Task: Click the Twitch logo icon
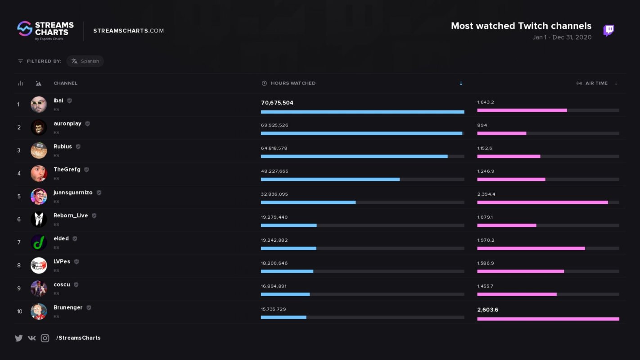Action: click(608, 31)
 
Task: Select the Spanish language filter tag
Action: click(85, 61)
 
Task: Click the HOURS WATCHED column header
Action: click(293, 83)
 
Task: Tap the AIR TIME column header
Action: click(596, 83)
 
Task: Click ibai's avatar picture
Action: click(39, 104)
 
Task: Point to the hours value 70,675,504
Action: click(277, 103)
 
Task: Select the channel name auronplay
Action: click(68, 124)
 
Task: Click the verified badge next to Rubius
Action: click(78, 147)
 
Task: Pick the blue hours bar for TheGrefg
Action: click(330, 179)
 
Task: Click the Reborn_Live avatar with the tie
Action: click(39, 219)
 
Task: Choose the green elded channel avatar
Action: click(39, 242)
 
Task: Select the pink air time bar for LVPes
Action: click(520, 271)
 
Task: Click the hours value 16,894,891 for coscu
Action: click(274, 286)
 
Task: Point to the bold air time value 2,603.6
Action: click(487, 310)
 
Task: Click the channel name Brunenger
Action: click(68, 308)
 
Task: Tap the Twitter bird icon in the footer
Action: click(18, 338)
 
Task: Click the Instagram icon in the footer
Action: click(45, 338)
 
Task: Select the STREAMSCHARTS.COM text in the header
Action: click(128, 31)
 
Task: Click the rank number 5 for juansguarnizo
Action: click(19, 197)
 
